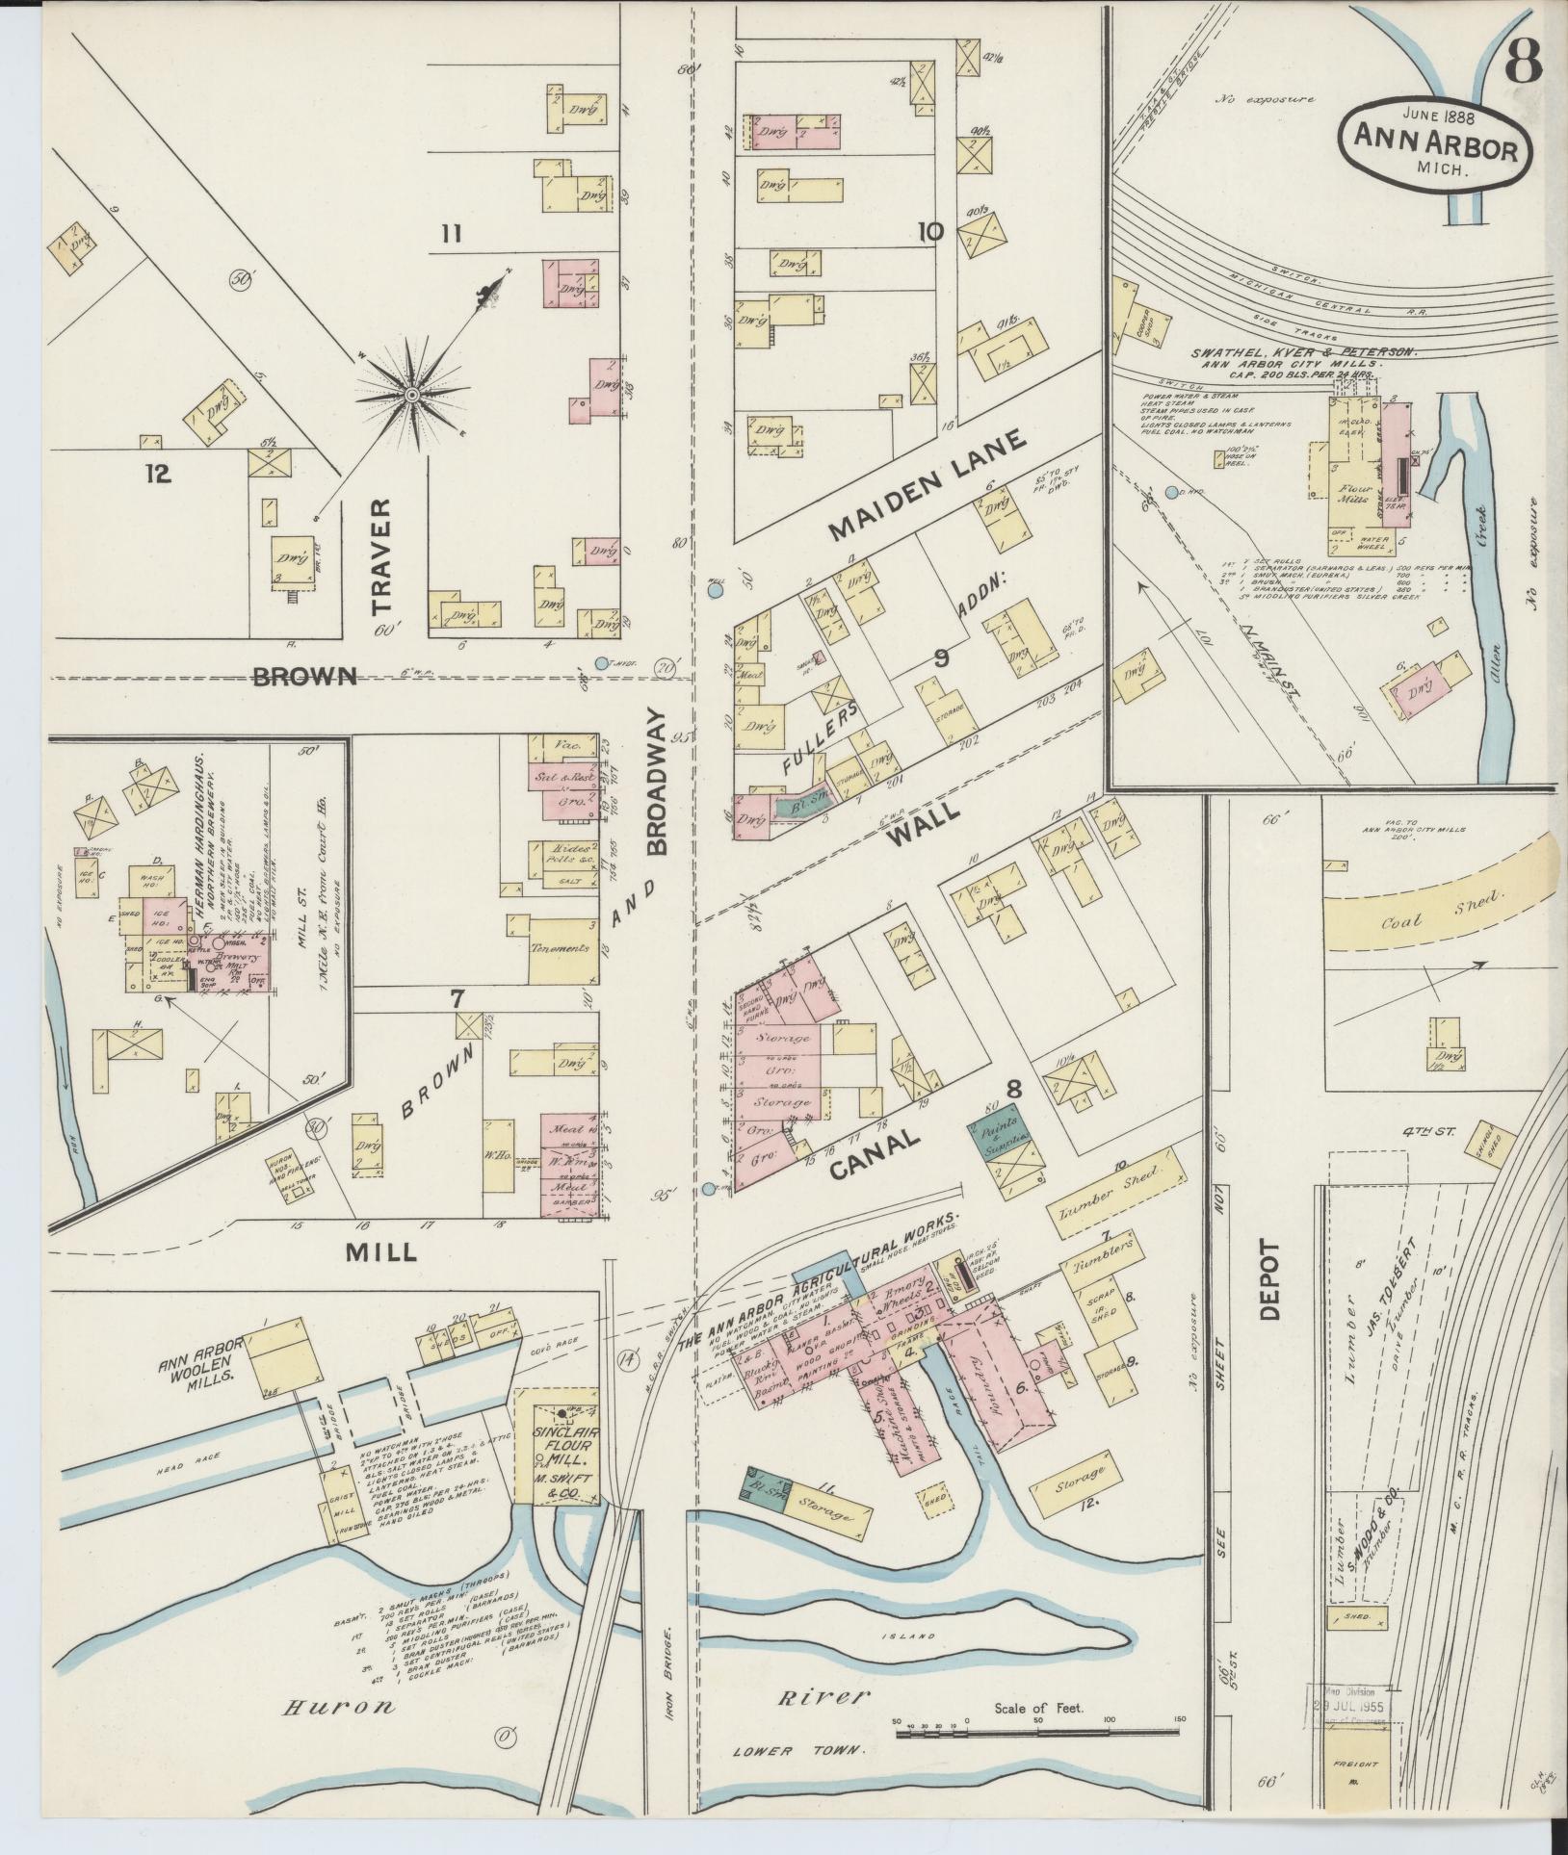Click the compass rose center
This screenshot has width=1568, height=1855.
[x=411, y=395]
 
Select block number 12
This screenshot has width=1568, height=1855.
[x=157, y=473]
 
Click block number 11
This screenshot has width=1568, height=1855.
[x=453, y=232]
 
